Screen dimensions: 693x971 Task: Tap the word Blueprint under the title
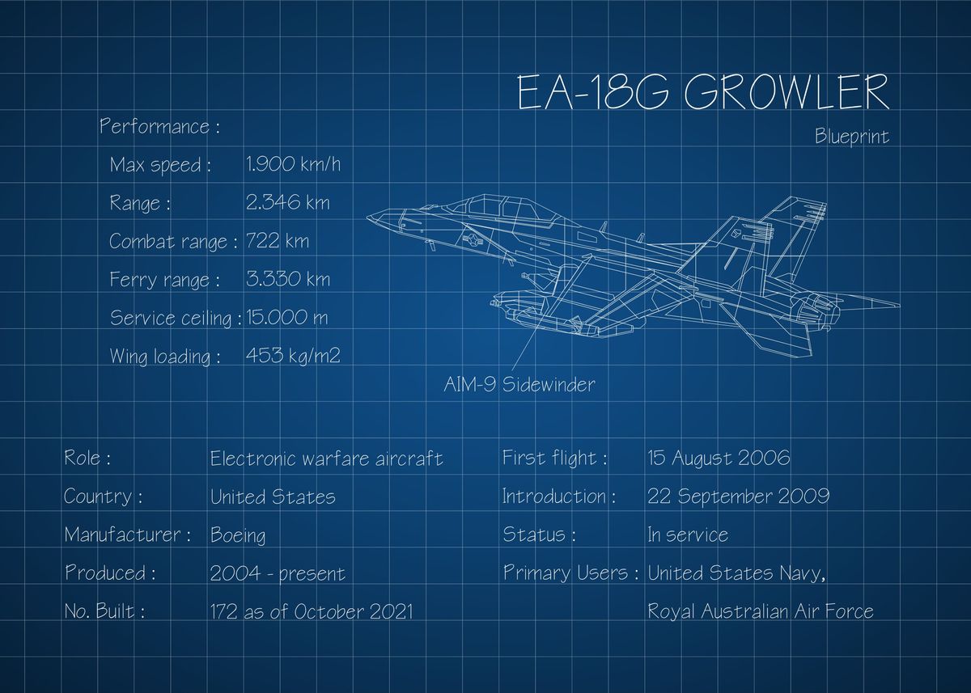coord(851,137)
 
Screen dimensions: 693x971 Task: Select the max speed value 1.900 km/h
coord(293,165)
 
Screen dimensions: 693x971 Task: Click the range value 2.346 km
coord(287,203)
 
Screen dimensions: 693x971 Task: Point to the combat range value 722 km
coord(277,241)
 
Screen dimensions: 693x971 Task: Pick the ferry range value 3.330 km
coord(287,280)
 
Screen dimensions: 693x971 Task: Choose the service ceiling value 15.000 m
coord(286,317)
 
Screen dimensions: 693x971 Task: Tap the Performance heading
coord(159,127)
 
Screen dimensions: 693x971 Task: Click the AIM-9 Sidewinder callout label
coord(519,384)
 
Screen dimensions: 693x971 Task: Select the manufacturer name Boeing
coord(237,535)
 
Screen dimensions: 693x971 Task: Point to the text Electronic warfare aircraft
coord(326,459)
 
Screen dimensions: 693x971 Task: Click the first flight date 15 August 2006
coord(719,458)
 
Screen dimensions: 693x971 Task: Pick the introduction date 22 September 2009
coord(737,497)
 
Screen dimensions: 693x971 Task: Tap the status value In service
coord(687,535)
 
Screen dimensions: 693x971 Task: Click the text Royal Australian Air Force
coord(760,611)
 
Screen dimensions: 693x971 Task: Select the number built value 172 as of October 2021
coord(311,611)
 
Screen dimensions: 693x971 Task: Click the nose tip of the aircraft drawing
coord(369,217)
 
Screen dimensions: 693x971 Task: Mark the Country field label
coord(103,497)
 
